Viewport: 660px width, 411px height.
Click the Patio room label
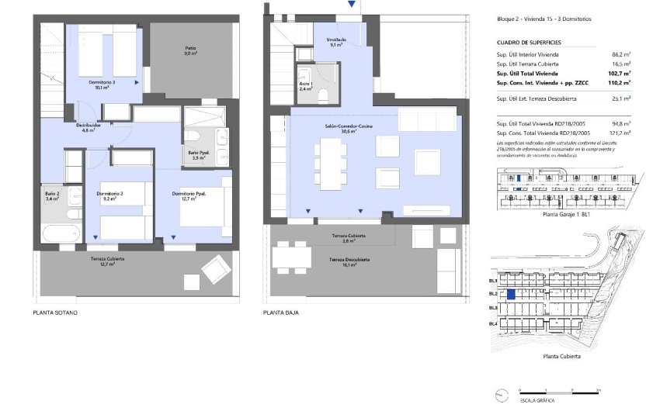coord(190,50)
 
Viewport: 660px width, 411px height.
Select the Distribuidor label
coord(88,126)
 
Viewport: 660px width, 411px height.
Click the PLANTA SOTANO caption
coord(55,313)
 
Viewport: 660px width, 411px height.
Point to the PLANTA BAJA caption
coord(281,313)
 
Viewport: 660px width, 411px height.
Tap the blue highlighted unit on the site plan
coord(511,294)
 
